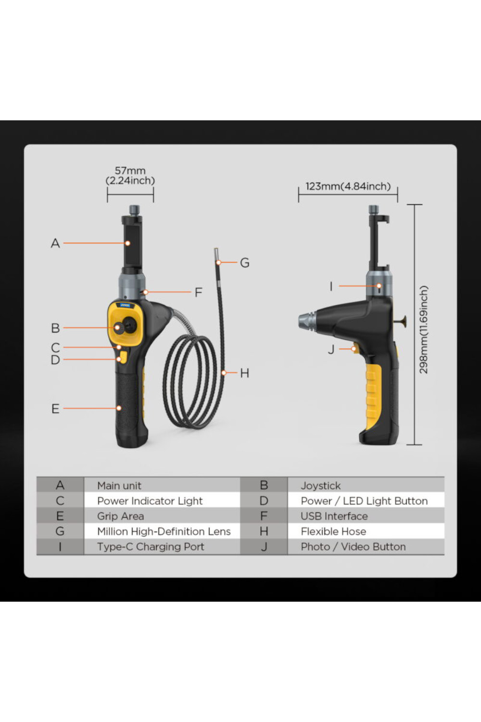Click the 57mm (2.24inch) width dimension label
[x=130, y=176]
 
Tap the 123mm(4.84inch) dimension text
[x=348, y=186]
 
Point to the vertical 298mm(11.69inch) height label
[x=423, y=330]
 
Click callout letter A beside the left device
[x=55, y=244]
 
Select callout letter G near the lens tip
[x=244, y=263]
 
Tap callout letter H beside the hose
[x=244, y=373]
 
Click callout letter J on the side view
[x=331, y=349]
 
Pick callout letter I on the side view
[x=331, y=286]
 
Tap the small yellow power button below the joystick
[x=123, y=357]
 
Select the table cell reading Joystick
[x=321, y=486]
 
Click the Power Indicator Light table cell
[x=150, y=501]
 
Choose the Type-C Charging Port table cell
[x=151, y=547]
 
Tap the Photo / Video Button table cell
[x=353, y=547]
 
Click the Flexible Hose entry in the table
[x=333, y=531]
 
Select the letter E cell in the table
[x=60, y=516]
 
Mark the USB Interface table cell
[x=334, y=516]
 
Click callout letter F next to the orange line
[x=198, y=292]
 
